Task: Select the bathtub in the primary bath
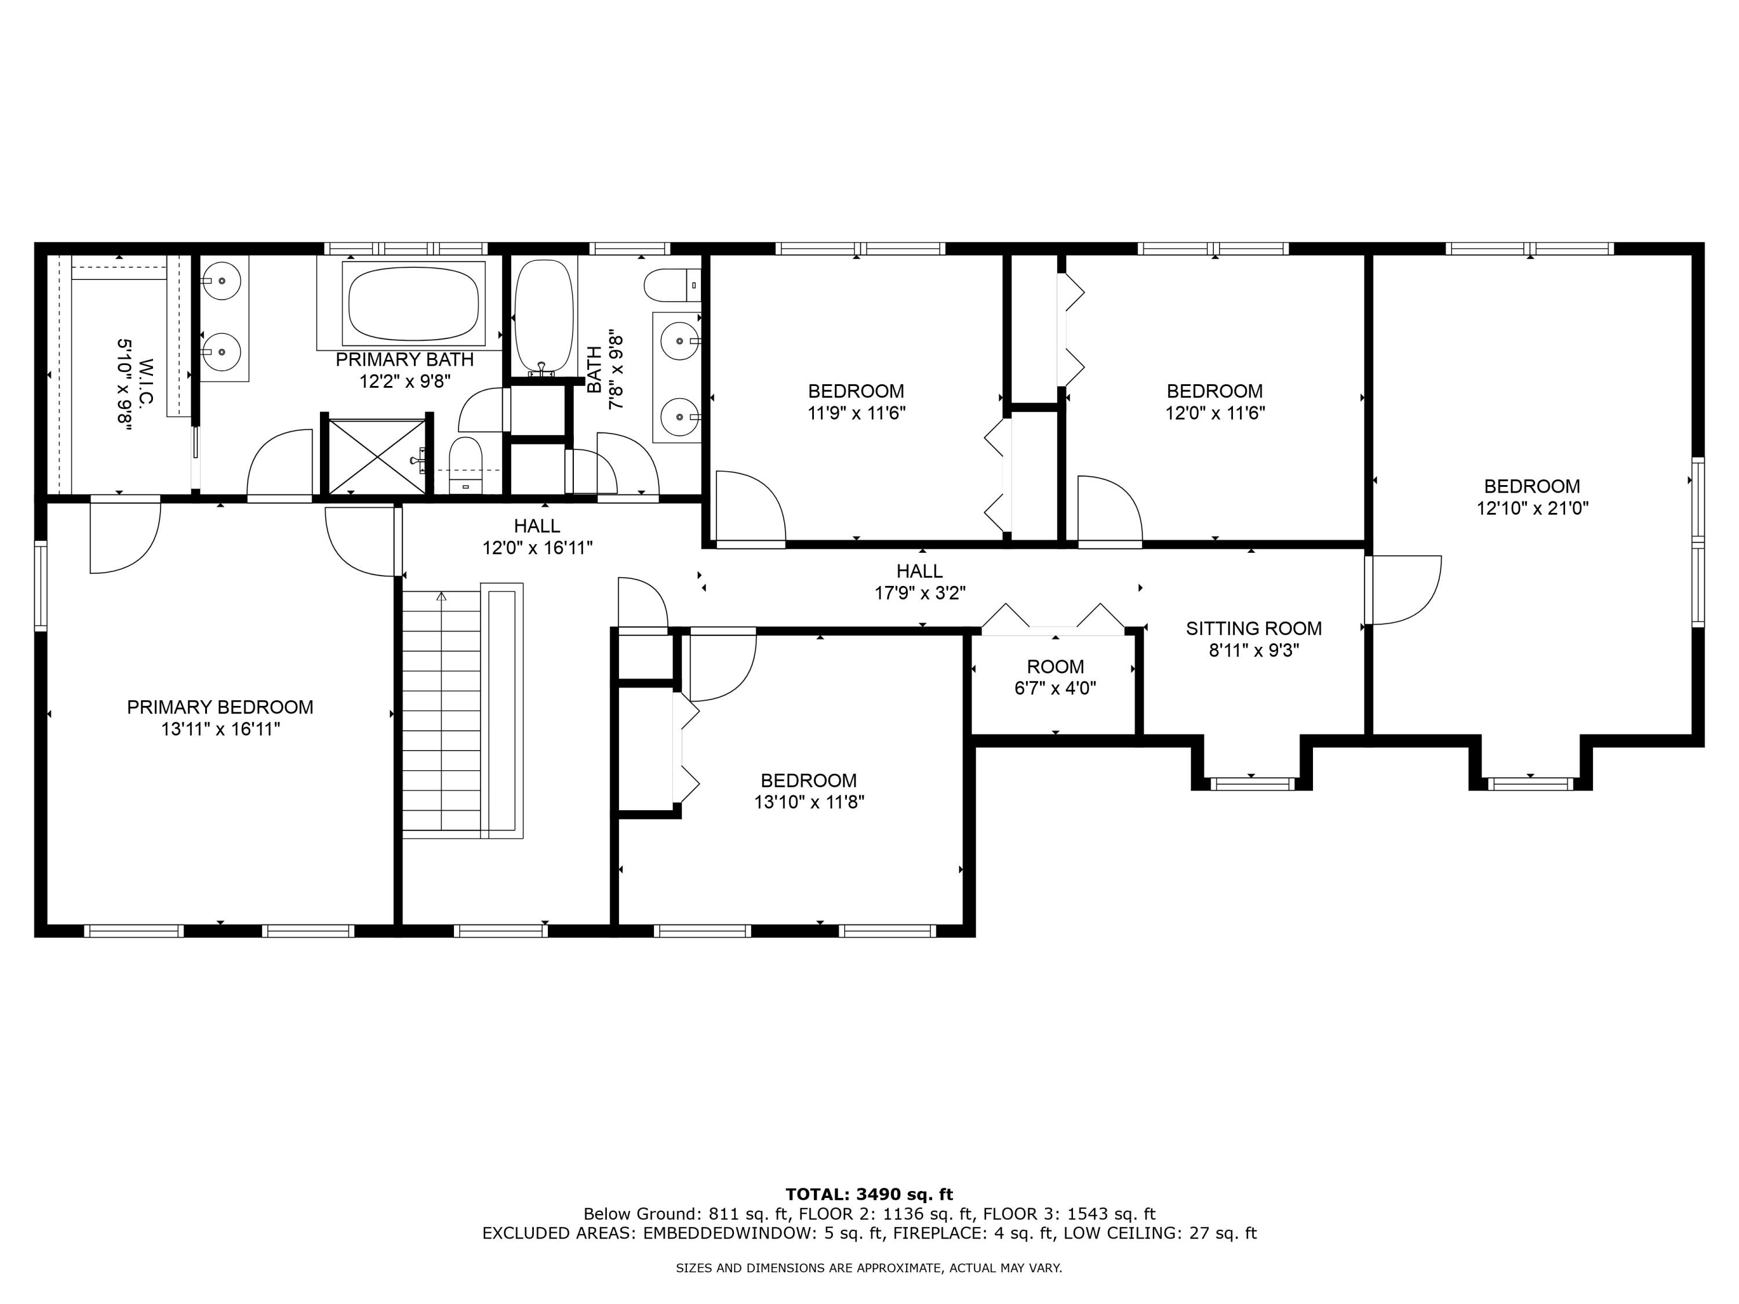pos(413,303)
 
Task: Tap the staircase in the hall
pos(441,711)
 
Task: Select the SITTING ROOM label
pos(1253,628)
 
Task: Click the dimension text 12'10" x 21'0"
pos(1532,508)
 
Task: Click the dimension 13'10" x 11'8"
pos(809,803)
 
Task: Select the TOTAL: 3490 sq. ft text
pos(869,1194)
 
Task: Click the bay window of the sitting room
pos(1252,784)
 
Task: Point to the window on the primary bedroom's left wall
pos(41,585)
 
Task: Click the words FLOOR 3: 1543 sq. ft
pos(1069,1214)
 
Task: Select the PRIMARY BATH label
pos(404,360)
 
